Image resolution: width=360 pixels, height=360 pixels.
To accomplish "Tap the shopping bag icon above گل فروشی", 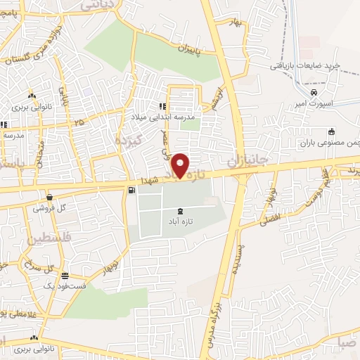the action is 49,198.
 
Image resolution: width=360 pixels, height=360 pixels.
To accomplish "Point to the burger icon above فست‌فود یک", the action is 65,276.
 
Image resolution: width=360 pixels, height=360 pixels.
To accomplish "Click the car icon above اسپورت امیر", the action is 314,92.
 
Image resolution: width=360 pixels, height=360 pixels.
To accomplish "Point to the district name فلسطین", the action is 51,240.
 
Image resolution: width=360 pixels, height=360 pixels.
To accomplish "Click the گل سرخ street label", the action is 39,268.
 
